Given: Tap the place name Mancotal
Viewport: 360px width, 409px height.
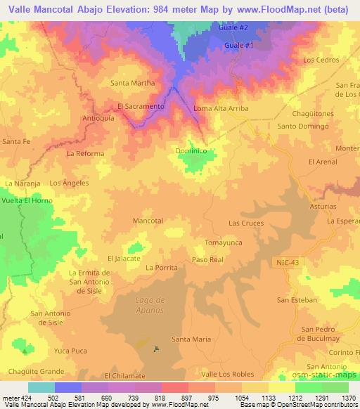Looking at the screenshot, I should [x=148, y=221].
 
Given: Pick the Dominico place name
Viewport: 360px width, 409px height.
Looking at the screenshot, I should [x=190, y=150].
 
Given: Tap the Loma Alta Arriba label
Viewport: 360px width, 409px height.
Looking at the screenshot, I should [x=221, y=109].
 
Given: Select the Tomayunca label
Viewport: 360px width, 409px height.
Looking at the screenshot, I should [x=223, y=242].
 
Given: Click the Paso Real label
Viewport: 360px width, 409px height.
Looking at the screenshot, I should [x=207, y=260].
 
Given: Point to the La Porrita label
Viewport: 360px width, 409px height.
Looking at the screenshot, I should [x=161, y=268].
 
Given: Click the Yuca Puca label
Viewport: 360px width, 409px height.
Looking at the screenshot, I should [x=70, y=349].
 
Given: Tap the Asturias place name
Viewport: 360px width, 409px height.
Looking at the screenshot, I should [x=323, y=208].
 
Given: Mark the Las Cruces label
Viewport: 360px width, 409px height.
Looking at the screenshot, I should [x=246, y=223].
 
